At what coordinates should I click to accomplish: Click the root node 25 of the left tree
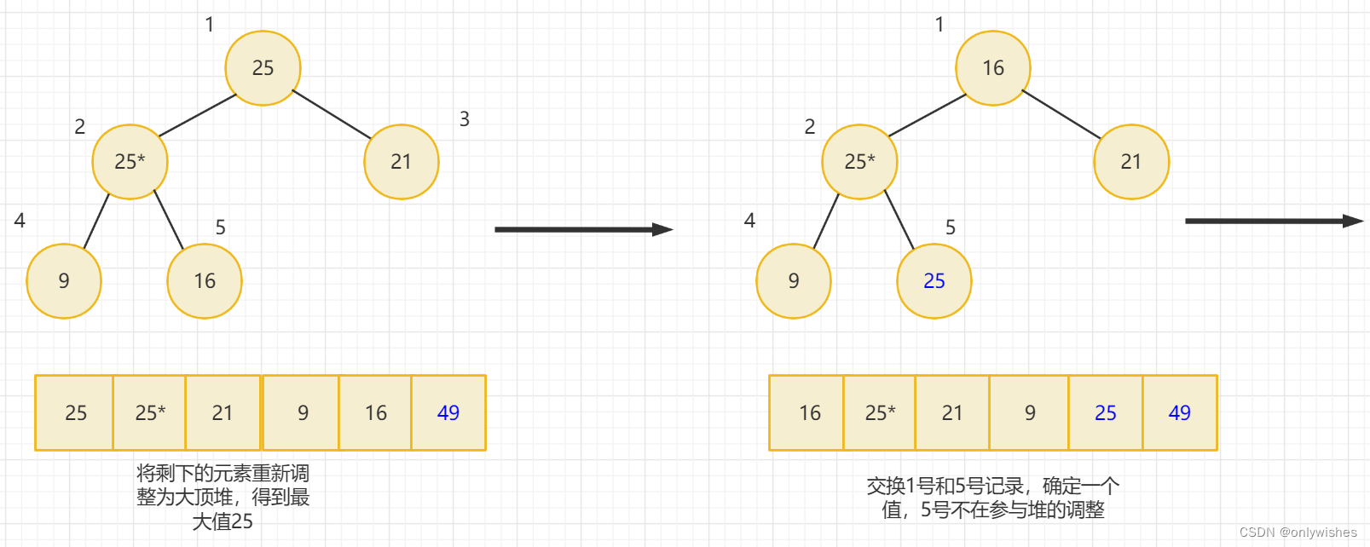coord(263,68)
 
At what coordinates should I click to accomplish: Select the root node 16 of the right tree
coord(993,68)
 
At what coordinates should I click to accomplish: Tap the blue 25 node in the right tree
coord(934,281)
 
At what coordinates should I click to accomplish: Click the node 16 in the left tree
coord(205,281)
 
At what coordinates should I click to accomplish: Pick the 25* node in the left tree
coord(130,162)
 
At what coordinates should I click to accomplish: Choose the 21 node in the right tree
coord(1131,162)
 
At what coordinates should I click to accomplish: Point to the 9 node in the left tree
coord(64,281)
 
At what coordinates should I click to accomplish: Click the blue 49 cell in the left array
coord(448,413)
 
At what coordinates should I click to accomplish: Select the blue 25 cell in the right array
coord(1106,413)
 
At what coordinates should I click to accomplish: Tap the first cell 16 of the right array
coord(809,413)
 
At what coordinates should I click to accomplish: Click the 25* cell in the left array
coord(150,413)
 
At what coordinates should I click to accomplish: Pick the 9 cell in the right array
coord(1030,413)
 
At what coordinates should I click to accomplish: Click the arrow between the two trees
coord(584,229)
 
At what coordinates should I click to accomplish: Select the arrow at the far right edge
coord(1274,221)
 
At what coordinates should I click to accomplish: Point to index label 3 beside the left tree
coord(465,119)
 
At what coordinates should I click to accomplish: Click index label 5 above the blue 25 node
coord(951,227)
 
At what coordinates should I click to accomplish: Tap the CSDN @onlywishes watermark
coord(1298,533)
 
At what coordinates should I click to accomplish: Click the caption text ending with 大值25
coord(223,498)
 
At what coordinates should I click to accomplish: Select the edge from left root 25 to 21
coord(332,114)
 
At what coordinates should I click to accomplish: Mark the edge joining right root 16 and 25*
coord(928,115)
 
